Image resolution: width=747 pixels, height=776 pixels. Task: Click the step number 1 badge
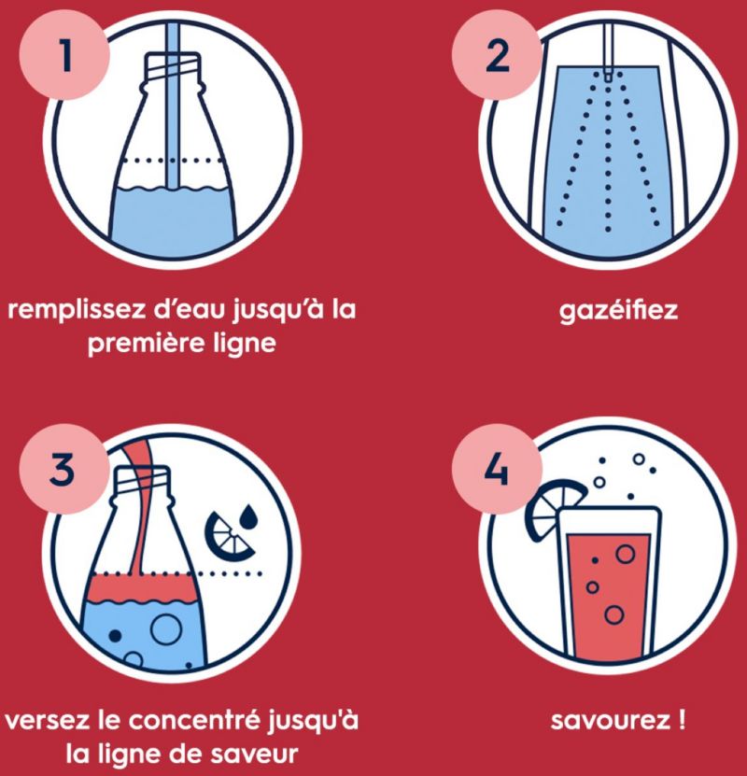point(64,55)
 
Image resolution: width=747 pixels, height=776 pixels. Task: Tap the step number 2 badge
point(497,55)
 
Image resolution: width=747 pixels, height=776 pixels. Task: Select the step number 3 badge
point(64,469)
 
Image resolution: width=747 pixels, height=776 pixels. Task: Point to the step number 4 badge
point(497,469)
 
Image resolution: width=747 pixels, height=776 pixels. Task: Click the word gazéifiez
point(618,311)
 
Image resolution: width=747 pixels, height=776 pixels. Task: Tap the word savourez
point(610,720)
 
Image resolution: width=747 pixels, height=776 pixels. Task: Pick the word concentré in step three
point(194,720)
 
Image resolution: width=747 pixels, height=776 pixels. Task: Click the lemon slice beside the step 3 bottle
point(228,535)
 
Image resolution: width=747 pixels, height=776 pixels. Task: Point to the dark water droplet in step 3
point(247,517)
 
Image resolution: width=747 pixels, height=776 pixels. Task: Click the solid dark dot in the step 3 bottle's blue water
point(115,635)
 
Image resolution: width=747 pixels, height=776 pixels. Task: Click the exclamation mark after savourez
point(683,720)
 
